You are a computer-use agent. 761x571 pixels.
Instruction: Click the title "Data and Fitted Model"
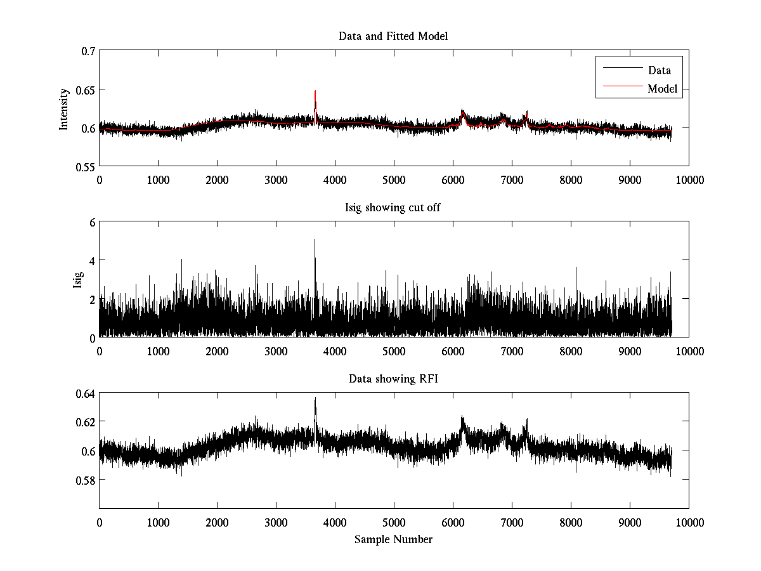click(x=393, y=36)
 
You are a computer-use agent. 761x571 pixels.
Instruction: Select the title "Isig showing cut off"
click(x=393, y=208)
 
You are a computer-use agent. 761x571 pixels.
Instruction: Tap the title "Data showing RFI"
click(x=393, y=379)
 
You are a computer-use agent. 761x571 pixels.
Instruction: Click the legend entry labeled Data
click(x=659, y=70)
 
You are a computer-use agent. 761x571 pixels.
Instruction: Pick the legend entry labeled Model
click(x=662, y=89)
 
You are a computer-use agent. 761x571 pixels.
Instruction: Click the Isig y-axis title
click(x=77, y=280)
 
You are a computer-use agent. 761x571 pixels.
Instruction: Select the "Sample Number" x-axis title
click(x=393, y=539)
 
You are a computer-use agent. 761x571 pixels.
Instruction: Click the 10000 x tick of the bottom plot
click(x=689, y=523)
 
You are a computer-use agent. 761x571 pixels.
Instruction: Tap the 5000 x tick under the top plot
click(x=394, y=180)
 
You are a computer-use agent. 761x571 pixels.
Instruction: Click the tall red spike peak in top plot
click(x=315, y=91)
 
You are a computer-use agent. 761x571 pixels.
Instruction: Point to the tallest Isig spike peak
click(x=315, y=240)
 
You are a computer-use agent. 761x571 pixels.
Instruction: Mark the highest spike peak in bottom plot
click(x=315, y=398)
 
